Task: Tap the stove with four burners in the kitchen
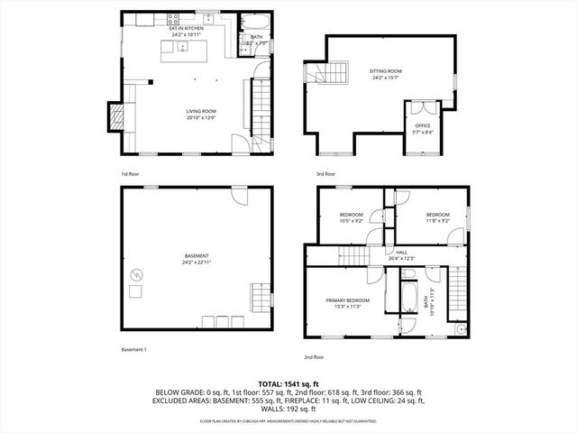click(171, 18)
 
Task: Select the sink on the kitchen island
click(182, 48)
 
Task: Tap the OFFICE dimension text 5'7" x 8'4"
click(422, 133)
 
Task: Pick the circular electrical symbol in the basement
click(138, 273)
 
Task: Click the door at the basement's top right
click(238, 196)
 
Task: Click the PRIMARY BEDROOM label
click(348, 299)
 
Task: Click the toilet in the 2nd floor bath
click(460, 328)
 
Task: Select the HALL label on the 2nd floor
click(402, 253)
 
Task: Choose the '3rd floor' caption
click(325, 173)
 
